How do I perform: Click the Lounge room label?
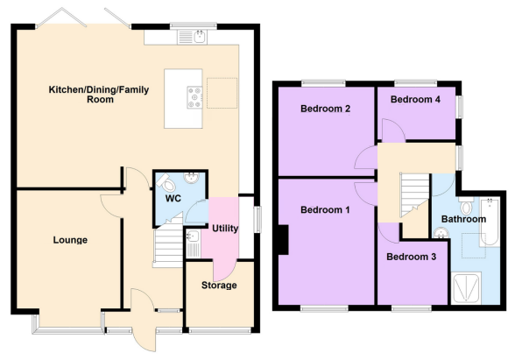[x=70, y=240]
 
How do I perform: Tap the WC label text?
[x=173, y=198]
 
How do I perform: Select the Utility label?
[x=225, y=229]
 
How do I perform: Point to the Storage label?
[x=219, y=286]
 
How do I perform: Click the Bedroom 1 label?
[x=325, y=209]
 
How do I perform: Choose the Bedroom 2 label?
[x=325, y=109]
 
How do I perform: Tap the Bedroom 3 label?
[x=412, y=257]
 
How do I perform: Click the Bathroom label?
[x=463, y=219]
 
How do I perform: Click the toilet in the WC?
[x=167, y=183]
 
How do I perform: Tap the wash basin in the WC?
[x=191, y=178]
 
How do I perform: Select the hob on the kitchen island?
[x=194, y=97]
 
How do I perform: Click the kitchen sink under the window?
[x=192, y=37]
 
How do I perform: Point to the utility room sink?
[x=193, y=244]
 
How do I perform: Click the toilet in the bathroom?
[x=466, y=206]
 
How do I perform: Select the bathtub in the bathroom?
[x=490, y=222]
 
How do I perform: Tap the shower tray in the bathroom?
[x=466, y=287]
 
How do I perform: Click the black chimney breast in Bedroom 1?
[x=284, y=240]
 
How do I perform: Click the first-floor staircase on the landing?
[x=414, y=194]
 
